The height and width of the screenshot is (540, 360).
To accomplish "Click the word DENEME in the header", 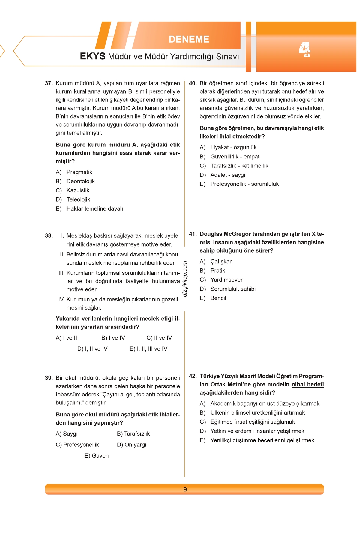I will click(189, 39).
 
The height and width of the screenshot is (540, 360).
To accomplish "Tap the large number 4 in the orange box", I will click(305, 50).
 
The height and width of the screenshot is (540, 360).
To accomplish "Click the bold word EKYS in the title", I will click(92, 56).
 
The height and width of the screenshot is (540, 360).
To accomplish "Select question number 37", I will click(49, 83).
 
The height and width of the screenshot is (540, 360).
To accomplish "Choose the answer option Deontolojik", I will click(80, 181).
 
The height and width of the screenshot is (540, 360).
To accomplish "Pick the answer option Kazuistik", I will click(78, 190).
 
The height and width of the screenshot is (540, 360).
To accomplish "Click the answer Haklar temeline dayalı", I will click(94, 209).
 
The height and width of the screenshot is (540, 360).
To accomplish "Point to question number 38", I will click(49, 236).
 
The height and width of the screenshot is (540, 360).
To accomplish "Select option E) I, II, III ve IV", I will click(148, 349).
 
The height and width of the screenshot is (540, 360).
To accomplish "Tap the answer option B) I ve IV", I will click(113, 338).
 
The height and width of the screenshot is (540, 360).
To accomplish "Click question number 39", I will click(49, 378).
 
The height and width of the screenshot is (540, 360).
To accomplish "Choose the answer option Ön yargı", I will click(132, 445).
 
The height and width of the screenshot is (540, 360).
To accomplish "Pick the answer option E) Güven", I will click(97, 456).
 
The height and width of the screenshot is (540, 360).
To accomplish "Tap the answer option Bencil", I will click(218, 298).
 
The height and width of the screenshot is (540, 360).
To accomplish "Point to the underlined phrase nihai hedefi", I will click(307, 384).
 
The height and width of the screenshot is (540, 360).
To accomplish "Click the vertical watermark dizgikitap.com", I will click(185, 279).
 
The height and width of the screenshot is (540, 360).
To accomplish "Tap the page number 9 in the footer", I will click(185, 489).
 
